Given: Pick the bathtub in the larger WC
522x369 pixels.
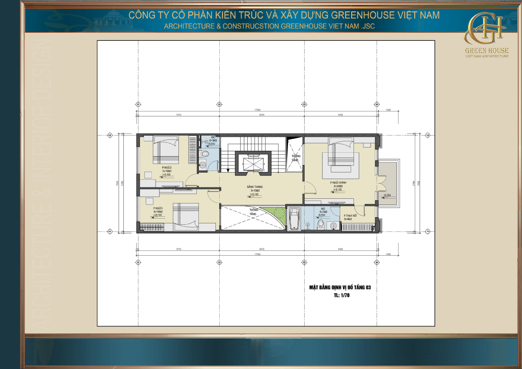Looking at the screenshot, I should pos(294,218).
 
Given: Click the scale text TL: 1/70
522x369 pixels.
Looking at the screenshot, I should pos(342,295).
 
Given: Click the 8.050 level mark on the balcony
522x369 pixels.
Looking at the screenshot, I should pos(387,195).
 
